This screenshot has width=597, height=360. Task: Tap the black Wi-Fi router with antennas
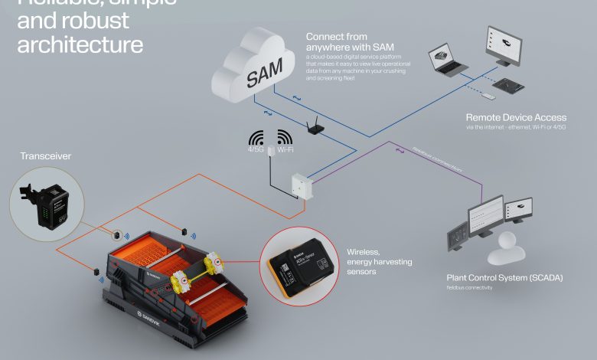[x=314, y=127]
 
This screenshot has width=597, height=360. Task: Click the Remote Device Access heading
[x=516, y=117]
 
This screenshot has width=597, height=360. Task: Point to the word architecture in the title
[x=80, y=44]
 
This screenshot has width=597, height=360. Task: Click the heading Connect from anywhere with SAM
[x=337, y=42]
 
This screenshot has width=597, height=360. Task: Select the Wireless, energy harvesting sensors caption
[x=379, y=261]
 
